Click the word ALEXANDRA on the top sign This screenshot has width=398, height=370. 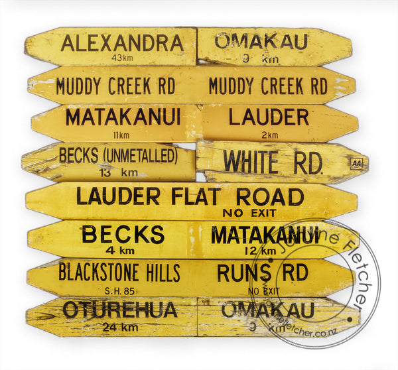pyautogui.click(x=122, y=44)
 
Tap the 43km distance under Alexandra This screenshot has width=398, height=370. pyautogui.click(x=123, y=58)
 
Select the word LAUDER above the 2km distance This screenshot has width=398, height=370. pyautogui.click(x=269, y=117)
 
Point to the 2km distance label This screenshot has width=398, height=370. pyautogui.click(x=269, y=135)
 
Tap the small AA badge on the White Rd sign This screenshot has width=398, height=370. pyautogui.click(x=356, y=162)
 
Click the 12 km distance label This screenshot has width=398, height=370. pyautogui.click(x=259, y=251)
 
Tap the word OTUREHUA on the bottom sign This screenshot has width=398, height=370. pyautogui.click(x=120, y=310)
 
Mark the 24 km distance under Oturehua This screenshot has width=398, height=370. pyautogui.click(x=120, y=326)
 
